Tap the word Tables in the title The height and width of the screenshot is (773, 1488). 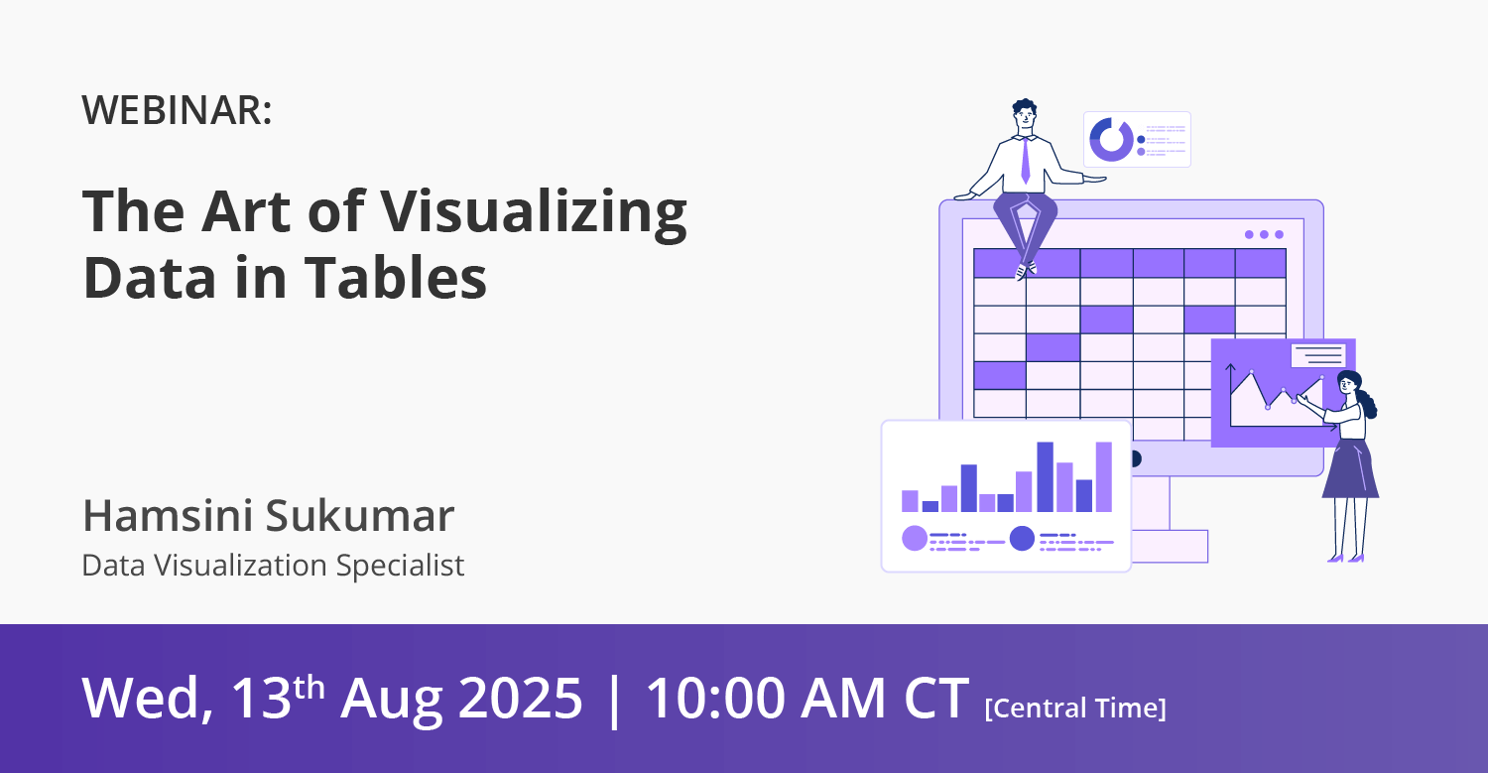point(395,277)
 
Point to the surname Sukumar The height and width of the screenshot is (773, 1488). point(359,515)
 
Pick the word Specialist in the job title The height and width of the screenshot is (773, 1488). point(400,566)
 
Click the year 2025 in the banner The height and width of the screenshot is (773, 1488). point(520,698)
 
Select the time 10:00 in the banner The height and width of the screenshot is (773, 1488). point(716,698)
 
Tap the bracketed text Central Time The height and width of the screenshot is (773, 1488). point(1075,708)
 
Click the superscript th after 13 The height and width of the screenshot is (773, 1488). point(309,688)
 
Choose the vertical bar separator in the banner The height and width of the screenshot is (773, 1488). point(614,701)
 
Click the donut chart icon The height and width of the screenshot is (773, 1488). point(1111,140)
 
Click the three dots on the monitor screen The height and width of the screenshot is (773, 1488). point(1264,234)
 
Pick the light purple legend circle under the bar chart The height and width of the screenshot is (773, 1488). point(914,539)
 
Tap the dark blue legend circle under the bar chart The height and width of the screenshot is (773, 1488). point(1022,539)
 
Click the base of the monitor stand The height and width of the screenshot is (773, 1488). point(1170,547)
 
